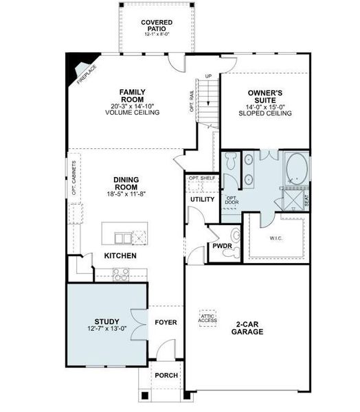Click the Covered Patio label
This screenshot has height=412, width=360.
(x=157, y=26)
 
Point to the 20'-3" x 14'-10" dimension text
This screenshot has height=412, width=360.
(x=132, y=106)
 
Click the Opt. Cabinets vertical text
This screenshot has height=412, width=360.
(x=74, y=179)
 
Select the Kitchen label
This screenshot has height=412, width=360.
(x=120, y=255)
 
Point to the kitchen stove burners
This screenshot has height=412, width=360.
(x=121, y=273)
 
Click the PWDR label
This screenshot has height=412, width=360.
(x=221, y=245)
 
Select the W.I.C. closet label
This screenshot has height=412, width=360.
(x=275, y=239)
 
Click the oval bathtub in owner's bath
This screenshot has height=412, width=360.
(x=297, y=167)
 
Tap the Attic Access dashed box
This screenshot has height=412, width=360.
(x=207, y=317)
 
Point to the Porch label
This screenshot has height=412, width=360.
(x=166, y=376)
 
